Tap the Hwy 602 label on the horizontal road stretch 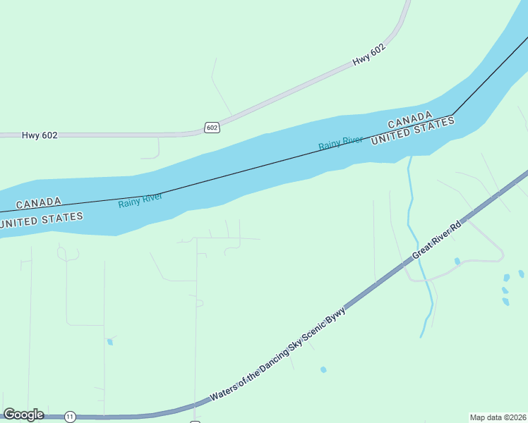(40, 135)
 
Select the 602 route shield (212, 128)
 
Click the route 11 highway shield (70, 417)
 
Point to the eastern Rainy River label (340, 142)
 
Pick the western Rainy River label (140, 200)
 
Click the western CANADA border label (38, 203)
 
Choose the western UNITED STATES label (42, 219)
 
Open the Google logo (23, 415)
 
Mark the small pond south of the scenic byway (323, 369)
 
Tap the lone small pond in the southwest (110, 342)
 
